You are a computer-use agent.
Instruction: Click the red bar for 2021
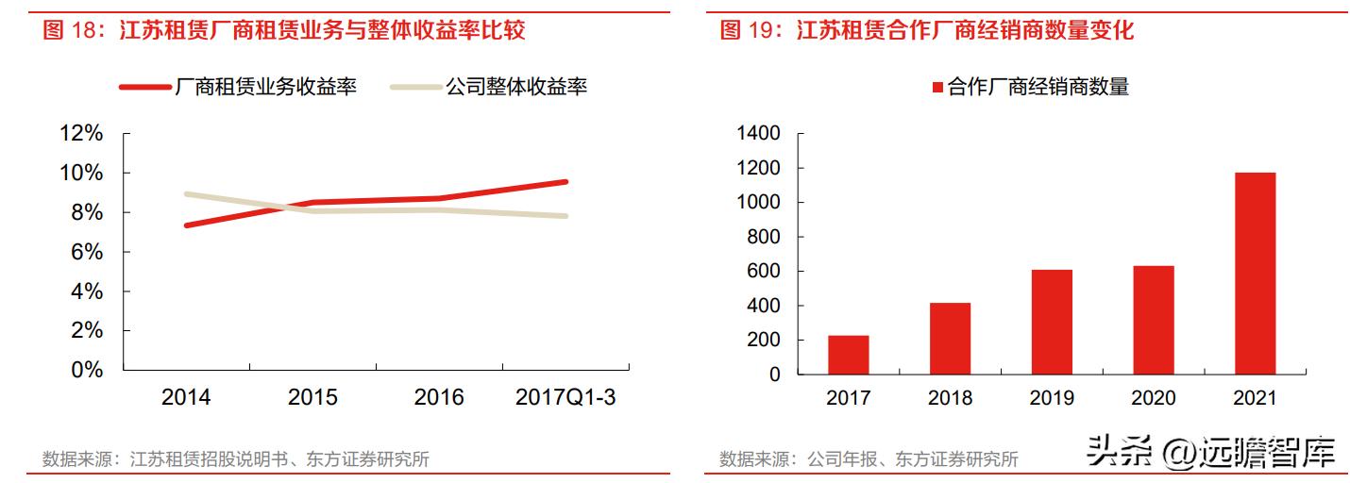pos(1255,273)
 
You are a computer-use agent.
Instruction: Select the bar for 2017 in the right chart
pos(848,355)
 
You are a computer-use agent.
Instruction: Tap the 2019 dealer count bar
pos(1052,322)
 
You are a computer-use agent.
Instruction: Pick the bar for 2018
pos(950,338)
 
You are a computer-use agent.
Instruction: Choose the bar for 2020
pos(1153,320)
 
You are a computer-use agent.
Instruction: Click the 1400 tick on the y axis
pos(760,134)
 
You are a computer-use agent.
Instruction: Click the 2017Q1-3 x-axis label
pos(565,397)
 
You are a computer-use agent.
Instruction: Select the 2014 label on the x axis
pos(186,397)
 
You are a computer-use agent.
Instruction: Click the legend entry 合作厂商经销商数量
pos(1031,88)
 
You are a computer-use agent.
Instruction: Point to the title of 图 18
pos(284,30)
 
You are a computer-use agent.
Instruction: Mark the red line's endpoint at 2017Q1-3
pos(565,181)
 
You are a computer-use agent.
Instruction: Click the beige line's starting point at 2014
pos(187,194)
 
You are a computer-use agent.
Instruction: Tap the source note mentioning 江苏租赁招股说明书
pos(236,459)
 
